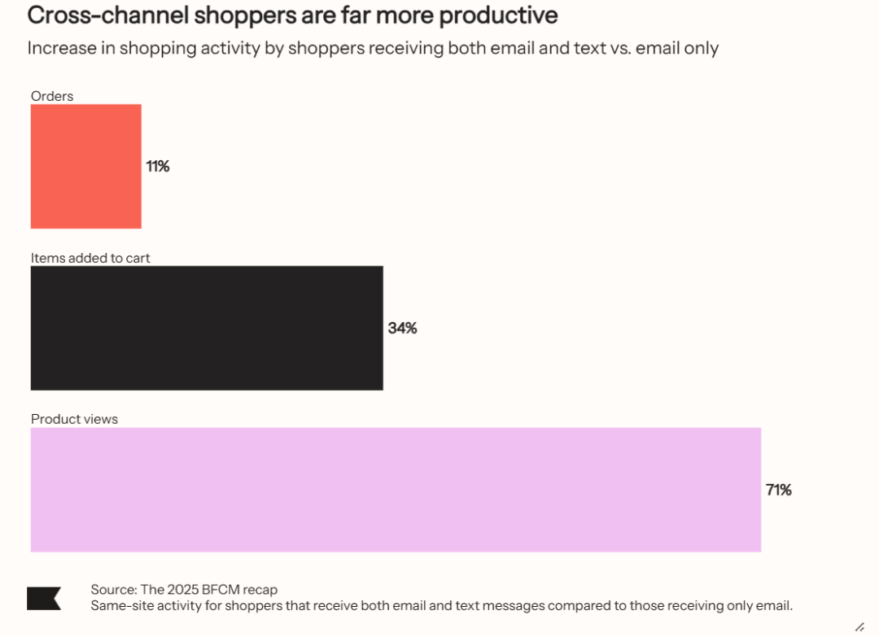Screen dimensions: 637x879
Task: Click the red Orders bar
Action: pyautogui.click(x=85, y=166)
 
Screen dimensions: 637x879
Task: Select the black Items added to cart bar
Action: pyautogui.click(x=207, y=328)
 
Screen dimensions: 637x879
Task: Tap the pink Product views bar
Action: pyautogui.click(x=396, y=490)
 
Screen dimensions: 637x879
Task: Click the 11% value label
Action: pyautogui.click(x=158, y=166)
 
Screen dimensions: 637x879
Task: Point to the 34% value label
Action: pyautogui.click(x=402, y=328)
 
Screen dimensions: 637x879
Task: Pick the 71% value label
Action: pyautogui.click(x=779, y=490)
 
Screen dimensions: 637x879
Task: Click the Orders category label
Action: pyautogui.click(x=52, y=96)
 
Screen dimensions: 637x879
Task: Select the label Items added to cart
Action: pyautogui.click(x=90, y=258)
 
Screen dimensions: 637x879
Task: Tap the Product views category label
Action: pyautogui.click(x=74, y=419)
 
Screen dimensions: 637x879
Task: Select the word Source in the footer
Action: pyautogui.click(x=112, y=590)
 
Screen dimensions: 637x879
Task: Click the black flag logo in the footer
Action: pyautogui.click(x=43, y=598)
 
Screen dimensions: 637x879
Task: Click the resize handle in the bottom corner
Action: pyautogui.click(x=859, y=626)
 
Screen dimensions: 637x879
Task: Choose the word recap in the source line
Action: pyautogui.click(x=260, y=590)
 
